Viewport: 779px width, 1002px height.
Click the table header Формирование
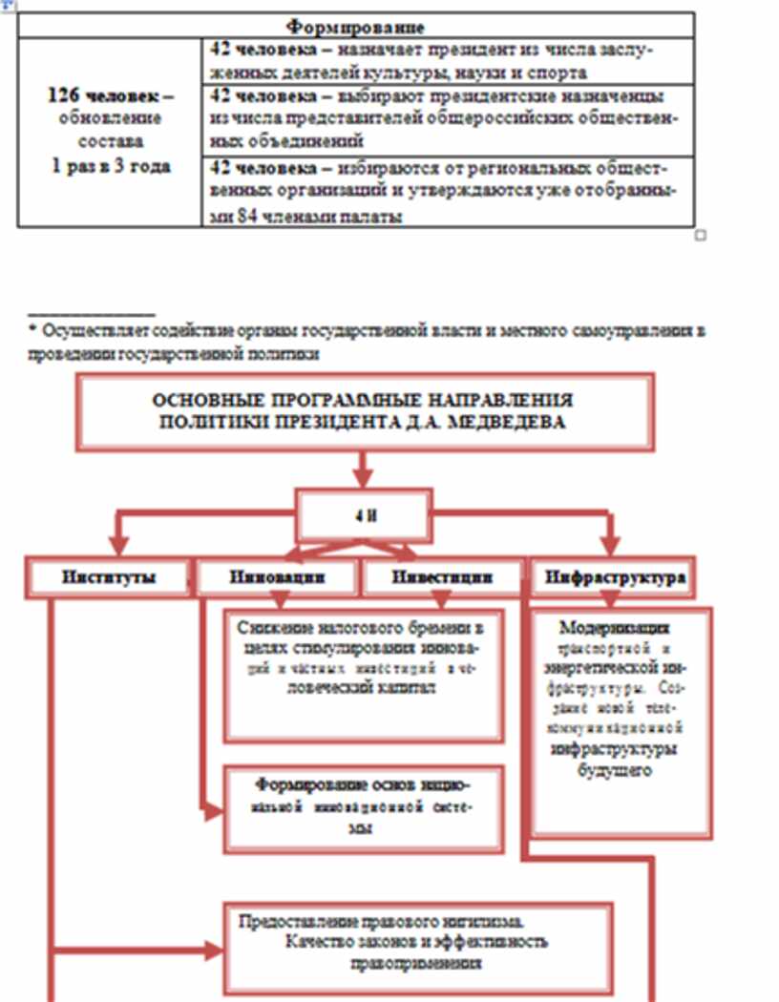coord(355,26)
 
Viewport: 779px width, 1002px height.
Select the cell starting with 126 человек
coord(110,132)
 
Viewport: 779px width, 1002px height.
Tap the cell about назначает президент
coord(448,60)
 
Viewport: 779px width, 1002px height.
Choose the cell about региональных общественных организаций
coord(448,192)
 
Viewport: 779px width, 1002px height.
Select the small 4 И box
coord(364,516)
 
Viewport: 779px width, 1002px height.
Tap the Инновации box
coord(277,577)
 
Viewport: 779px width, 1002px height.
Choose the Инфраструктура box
coord(614,577)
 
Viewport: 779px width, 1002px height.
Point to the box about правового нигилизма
coord(416,947)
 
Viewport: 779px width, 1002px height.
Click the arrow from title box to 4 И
coord(363,470)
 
